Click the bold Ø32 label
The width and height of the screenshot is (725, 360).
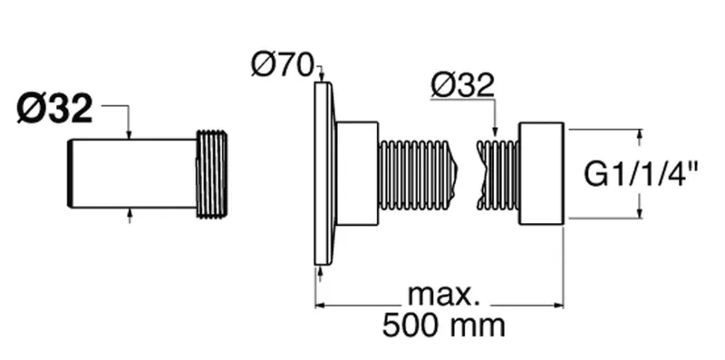[55, 109]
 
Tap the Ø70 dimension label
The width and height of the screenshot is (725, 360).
[283, 65]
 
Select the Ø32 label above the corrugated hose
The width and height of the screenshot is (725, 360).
[463, 85]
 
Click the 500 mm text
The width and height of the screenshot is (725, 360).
[443, 326]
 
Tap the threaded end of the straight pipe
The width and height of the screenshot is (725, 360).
[212, 174]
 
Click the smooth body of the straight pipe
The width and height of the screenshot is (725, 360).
[131, 173]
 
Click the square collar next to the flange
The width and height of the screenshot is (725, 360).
[357, 173]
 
